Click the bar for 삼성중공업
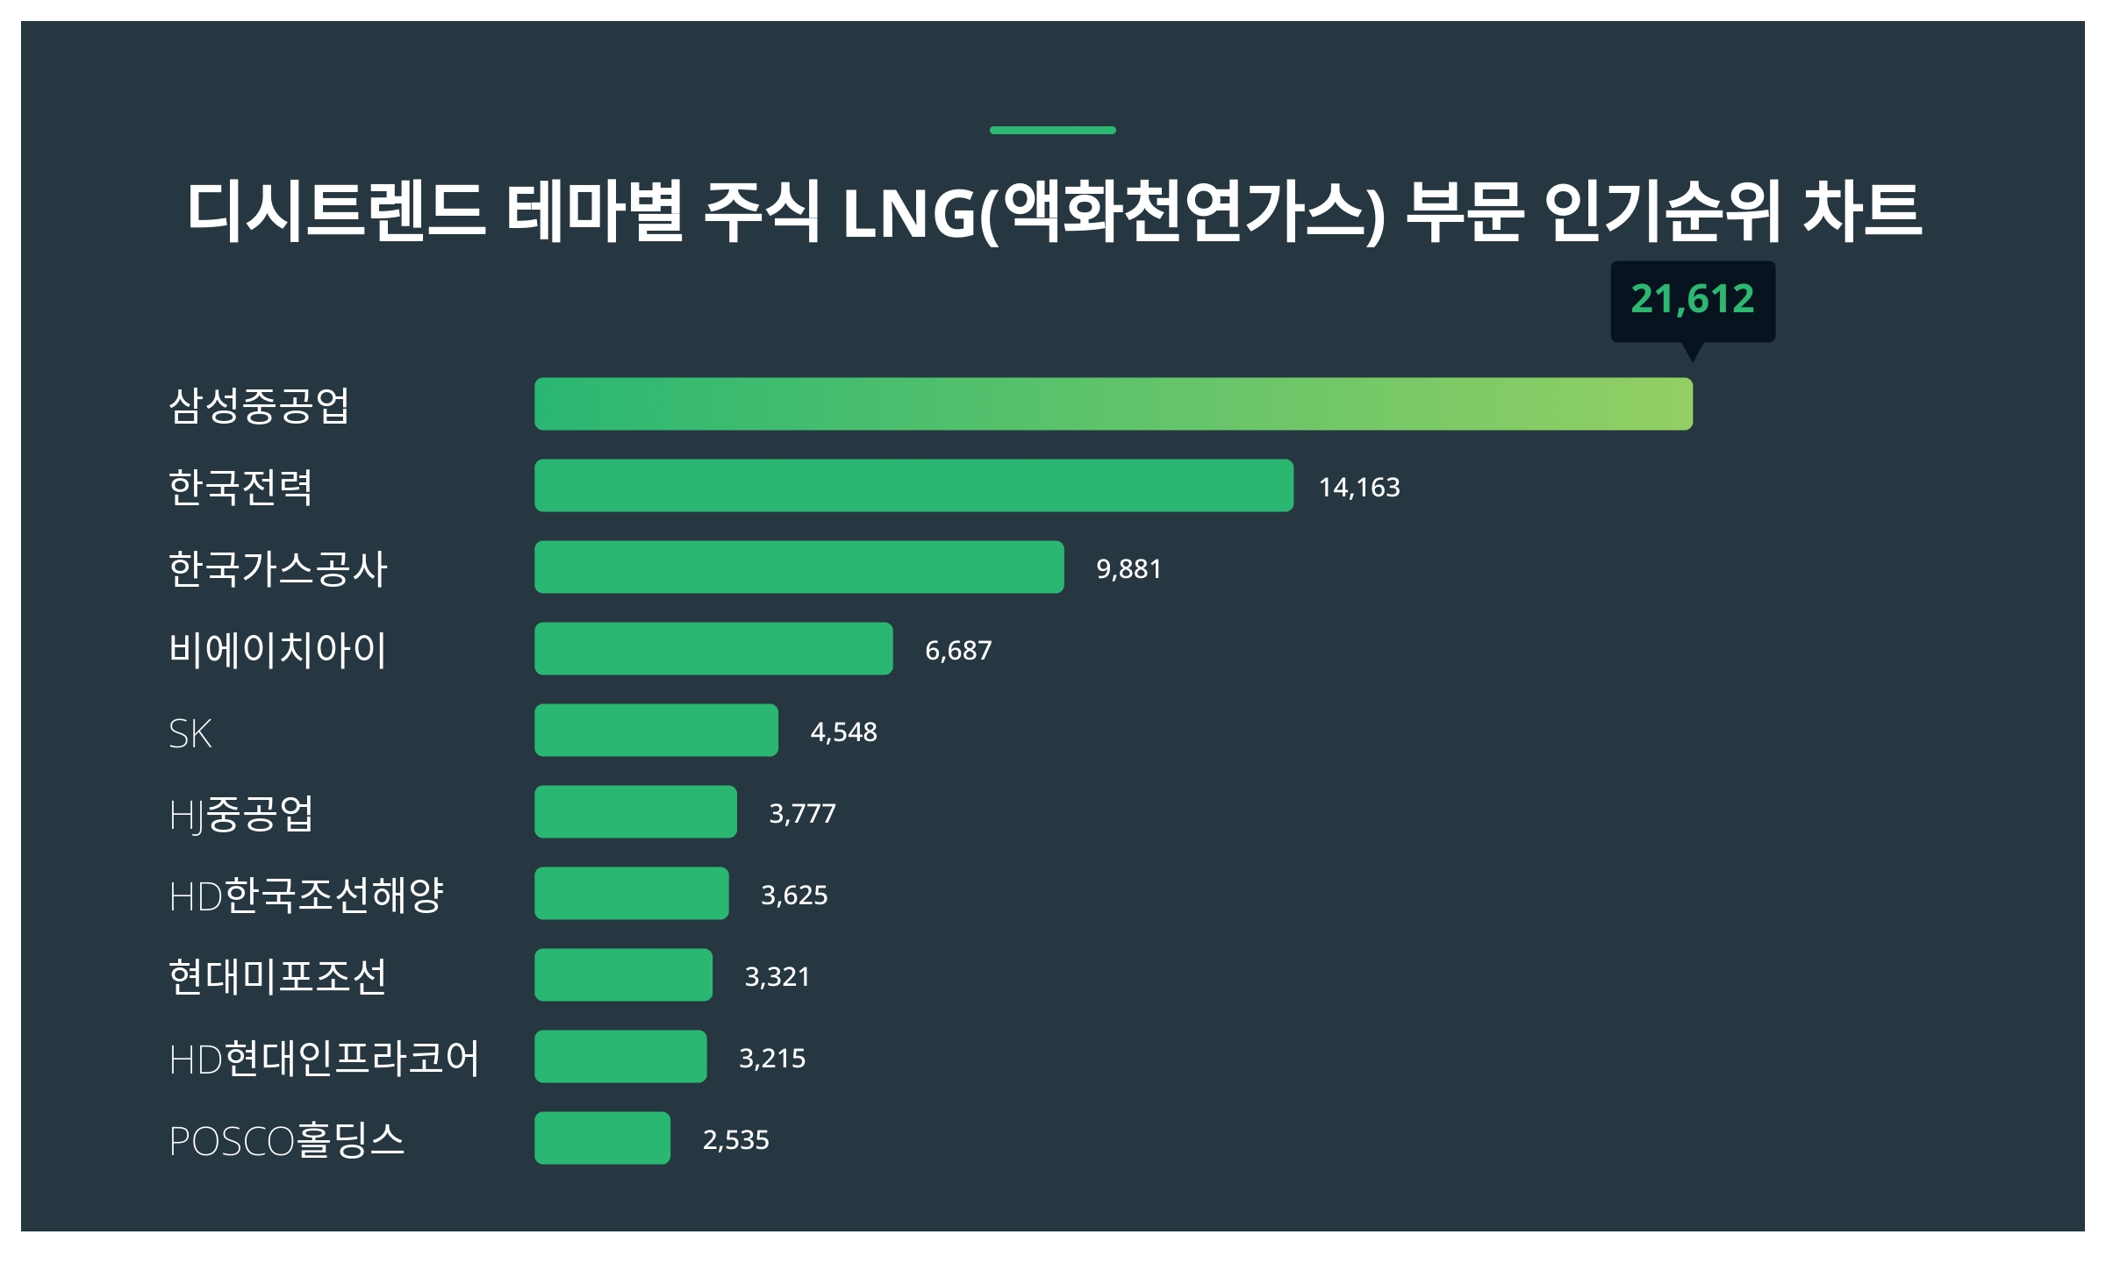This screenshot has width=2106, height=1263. pyautogui.click(x=1113, y=403)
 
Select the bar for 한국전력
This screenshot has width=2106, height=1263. pyautogui.click(x=913, y=485)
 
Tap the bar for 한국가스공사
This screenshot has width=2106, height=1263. pyautogui.click(x=799, y=567)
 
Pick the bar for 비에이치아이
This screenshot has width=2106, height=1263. pyautogui.click(x=713, y=648)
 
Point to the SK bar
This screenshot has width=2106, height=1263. pyautogui.click(x=655, y=730)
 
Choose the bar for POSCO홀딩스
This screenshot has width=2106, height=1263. pyautogui.click(x=602, y=1138)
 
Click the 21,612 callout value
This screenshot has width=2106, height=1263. pyautogui.click(x=1692, y=299)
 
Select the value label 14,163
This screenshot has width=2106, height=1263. pyautogui.click(x=1359, y=487)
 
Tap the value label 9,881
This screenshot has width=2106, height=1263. pyautogui.click(x=1128, y=568)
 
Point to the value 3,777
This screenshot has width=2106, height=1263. pyautogui.click(x=802, y=813)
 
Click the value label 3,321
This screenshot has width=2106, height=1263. pyautogui.click(x=777, y=976)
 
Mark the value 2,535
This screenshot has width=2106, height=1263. pyautogui.click(x=735, y=1139)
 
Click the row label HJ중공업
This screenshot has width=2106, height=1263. pyautogui.click(x=240, y=814)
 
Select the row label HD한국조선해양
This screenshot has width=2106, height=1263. pyautogui.click(x=306, y=896)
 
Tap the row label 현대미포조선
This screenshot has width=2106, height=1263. pyautogui.click(x=277, y=976)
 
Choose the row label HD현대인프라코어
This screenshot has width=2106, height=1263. pyautogui.click(x=324, y=1058)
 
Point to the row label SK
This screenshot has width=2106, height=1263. pyautogui.click(x=190, y=733)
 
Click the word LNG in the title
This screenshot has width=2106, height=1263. pyautogui.click(x=908, y=213)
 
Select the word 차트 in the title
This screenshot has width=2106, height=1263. pyautogui.click(x=1862, y=210)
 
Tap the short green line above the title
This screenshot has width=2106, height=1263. pyautogui.click(x=1052, y=130)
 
